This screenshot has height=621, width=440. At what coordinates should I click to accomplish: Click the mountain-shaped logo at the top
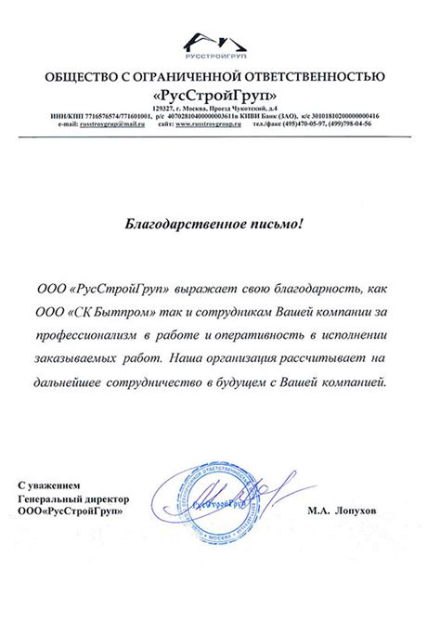(x=220, y=42)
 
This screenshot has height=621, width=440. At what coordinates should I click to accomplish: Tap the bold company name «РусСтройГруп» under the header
(x=220, y=95)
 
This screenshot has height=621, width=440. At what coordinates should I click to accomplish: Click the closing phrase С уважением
(x=56, y=485)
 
